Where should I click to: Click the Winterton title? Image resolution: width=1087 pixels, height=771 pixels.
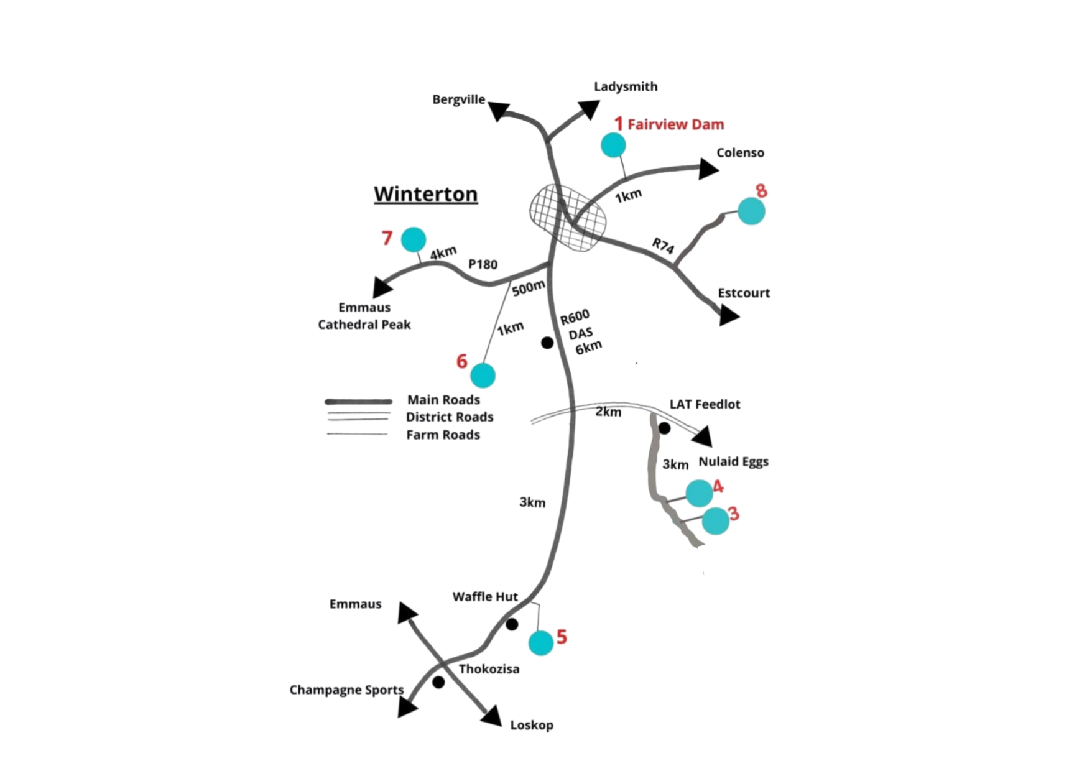pyautogui.click(x=426, y=194)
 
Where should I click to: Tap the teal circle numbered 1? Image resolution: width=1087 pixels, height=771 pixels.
pyautogui.click(x=613, y=145)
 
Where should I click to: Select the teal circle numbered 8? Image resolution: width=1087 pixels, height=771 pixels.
pyautogui.click(x=751, y=211)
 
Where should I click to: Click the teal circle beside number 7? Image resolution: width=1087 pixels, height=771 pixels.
pyautogui.click(x=414, y=239)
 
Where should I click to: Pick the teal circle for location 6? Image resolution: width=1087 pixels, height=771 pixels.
pyautogui.click(x=483, y=376)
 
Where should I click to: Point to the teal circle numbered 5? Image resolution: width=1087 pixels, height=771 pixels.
pyautogui.click(x=541, y=643)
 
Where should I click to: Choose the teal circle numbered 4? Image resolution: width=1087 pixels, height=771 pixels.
pyautogui.click(x=699, y=493)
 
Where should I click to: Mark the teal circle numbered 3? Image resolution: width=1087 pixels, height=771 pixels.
pyautogui.click(x=715, y=521)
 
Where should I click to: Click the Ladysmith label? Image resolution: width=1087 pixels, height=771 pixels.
pyautogui.click(x=626, y=86)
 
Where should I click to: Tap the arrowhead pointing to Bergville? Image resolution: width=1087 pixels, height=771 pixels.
pyautogui.click(x=498, y=111)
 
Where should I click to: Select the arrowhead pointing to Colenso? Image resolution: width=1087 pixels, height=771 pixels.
pyautogui.click(x=708, y=169)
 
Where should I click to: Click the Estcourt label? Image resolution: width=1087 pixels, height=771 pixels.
pyautogui.click(x=744, y=293)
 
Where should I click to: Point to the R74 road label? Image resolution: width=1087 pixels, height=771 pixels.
pyautogui.click(x=663, y=246)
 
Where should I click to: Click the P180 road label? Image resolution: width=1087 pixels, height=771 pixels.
pyautogui.click(x=483, y=264)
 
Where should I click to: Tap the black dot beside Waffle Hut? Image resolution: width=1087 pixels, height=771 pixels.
pyautogui.click(x=512, y=624)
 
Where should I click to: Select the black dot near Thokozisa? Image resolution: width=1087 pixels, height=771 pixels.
pyautogui.click(x=438, y=682)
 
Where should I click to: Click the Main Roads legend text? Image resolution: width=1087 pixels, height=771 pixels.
pyautogui.click(x=443, y=400)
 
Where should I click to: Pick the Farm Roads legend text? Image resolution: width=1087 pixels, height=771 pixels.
pyautogui.click(x=443, y=435)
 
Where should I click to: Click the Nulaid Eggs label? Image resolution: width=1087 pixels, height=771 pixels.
pyautogui.click(x=733, y=461)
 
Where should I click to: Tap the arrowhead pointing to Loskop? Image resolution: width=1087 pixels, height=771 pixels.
pyautogui.click(x=492, y=717)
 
